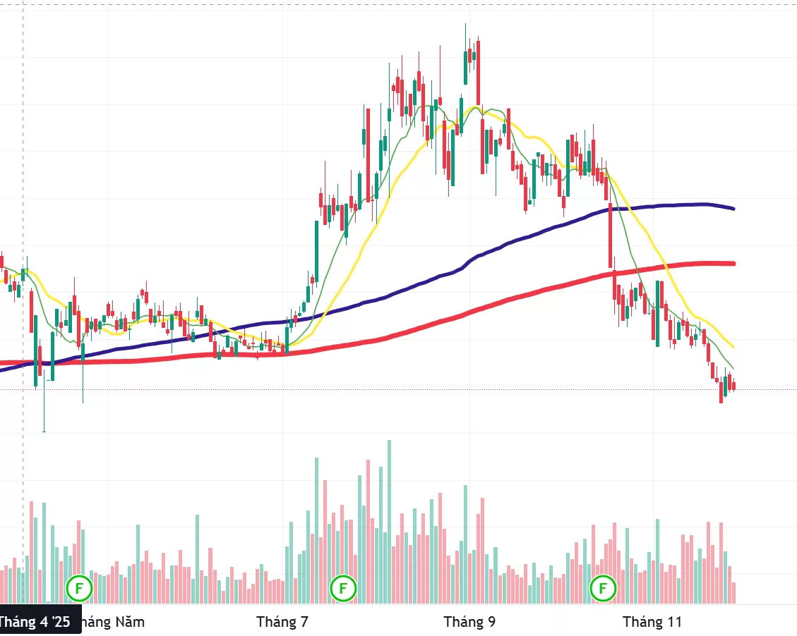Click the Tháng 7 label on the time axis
click(x=282, y=622)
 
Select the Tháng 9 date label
click(x=469, y=622)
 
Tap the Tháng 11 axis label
click(x=652, y=622)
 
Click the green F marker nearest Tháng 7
click(x=343, y=587)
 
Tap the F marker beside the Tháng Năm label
click(x=79, y=587)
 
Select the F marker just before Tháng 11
click(x=604, y=587)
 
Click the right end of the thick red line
click(x=734, y=264)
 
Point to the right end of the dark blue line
click(x=734, y=209)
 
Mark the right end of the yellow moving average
click(x=734, y=347)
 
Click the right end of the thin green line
click(x=734, y=369)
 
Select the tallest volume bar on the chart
click(x=389, y=522)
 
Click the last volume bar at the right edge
click(x=734, y=593)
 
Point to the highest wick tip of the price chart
click(x=466, y=25)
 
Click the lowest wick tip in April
click(x=44, y=431)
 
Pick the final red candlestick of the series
click(x=734, y=386)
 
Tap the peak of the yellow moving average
click(x=477, y=107)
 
